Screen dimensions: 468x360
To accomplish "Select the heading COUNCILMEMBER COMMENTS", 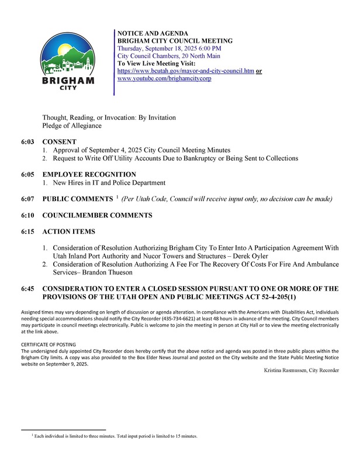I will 97,215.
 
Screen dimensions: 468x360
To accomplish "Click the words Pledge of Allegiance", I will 72,126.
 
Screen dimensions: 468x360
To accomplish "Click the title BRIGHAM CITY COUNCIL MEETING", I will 175,40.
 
